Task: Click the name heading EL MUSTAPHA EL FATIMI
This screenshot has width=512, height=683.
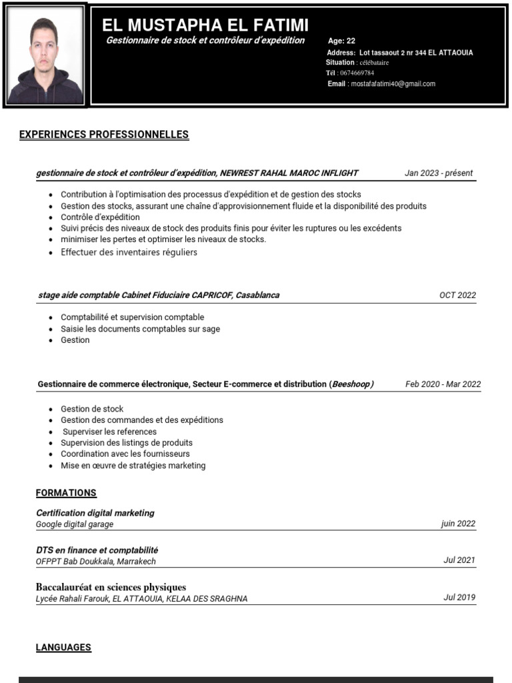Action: tap(205, 26)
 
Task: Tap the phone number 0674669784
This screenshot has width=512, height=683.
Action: tap(357, 73)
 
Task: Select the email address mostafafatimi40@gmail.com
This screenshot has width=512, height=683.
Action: tap(393, 84)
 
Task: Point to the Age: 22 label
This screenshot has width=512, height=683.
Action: tap(341, 41)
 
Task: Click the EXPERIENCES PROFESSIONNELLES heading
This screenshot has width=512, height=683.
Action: tap(104, 135)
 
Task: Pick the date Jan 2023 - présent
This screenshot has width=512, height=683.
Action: tap(439, 173)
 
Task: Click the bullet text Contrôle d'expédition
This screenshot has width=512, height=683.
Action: tap(100, 217)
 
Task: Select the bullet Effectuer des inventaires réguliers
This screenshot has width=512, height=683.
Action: tap(129, 252)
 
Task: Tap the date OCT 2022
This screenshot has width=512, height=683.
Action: tap(457, 295)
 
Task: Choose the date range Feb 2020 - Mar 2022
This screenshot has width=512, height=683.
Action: tap(443, 384)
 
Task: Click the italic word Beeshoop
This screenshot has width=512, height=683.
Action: tap(351, 384)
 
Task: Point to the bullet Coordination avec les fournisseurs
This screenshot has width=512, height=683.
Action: tap(125, 454)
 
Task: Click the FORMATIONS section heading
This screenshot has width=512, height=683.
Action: tap(66, 493)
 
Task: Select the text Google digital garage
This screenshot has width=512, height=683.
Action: tap(75, 524)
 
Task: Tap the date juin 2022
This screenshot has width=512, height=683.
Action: tap(458, 524)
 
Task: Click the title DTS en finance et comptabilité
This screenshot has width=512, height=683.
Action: tap(97, 550)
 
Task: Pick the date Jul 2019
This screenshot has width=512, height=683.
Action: tap(459, 597)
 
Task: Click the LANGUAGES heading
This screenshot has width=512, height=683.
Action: tap(63, 647)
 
